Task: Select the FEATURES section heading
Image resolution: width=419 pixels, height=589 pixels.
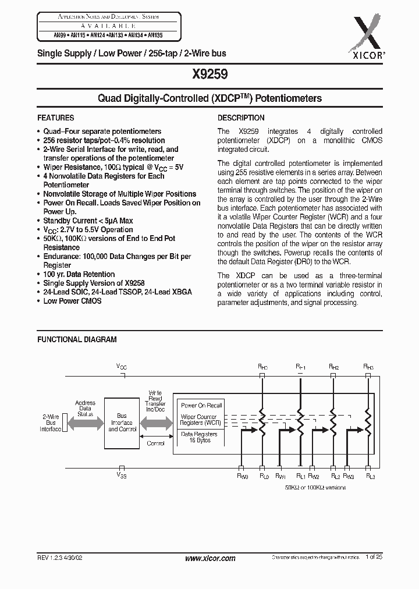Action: pos(56,118)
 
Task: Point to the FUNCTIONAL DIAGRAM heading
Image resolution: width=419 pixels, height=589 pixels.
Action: pos(77,339)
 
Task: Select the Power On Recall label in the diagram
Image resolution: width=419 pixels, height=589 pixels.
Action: pos(201,405)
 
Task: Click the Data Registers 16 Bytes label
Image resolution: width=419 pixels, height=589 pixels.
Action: pos(199,438)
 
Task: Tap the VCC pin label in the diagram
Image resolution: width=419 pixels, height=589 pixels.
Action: pos(122,367)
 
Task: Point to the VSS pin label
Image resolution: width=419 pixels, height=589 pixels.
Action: pos(122,476)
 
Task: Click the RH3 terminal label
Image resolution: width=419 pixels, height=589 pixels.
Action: pos(368,367)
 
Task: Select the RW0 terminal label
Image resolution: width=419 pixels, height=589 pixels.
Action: pos(242,476)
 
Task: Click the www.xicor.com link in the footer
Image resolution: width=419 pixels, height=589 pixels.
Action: pos(210,558)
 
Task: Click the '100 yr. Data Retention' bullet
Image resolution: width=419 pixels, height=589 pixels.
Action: pos(79,274)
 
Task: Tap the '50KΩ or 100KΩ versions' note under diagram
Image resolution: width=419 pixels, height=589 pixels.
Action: pos(316,487)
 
